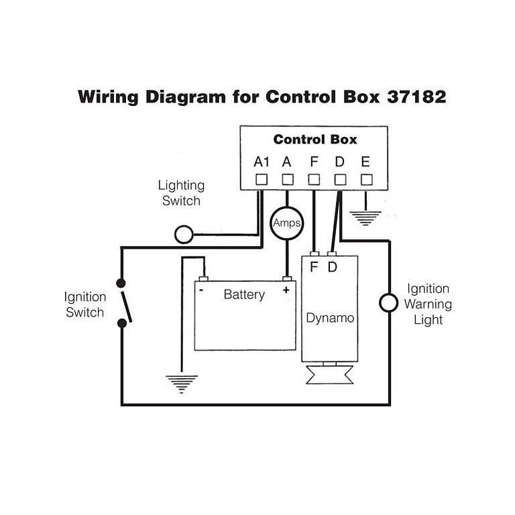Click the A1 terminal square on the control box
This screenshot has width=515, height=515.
[x=262, y=180]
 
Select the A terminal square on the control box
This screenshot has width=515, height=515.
[x=288, y=180]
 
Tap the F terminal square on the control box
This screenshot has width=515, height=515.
[x=314, y=180]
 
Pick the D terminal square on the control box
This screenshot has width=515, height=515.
[x=340, y=180]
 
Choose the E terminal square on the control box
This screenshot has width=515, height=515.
[x=366, y=180]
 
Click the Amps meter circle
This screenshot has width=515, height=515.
[x=288, y=223]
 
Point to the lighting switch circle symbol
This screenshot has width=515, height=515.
[x=183, y=234]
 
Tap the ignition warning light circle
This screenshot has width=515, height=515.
[x=388, y=302]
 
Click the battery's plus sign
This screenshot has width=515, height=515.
[x=286, y=290]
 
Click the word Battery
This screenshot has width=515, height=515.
[x=244, y=294]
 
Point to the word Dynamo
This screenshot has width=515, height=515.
[x=330, y=317]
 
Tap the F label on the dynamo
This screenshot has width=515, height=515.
[x=314, y=268]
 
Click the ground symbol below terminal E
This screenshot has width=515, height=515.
[x=366, y=217]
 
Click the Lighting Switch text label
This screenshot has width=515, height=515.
[x=181, y=192]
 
